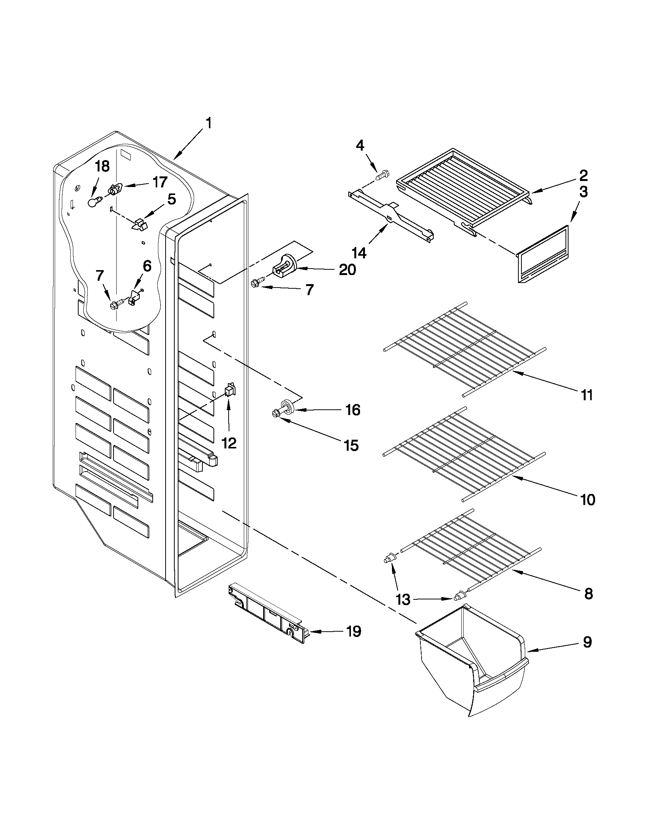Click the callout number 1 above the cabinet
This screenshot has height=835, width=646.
pos(208,124)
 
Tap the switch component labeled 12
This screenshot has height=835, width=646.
pos(230,390)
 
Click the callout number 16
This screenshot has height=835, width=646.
pos(352,410)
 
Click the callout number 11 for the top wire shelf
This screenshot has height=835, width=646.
pos(587,395)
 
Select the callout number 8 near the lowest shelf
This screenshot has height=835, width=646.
pos(588,593)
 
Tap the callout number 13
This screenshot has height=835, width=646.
pos(403,599)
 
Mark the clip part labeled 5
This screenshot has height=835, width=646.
pos(139,225)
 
